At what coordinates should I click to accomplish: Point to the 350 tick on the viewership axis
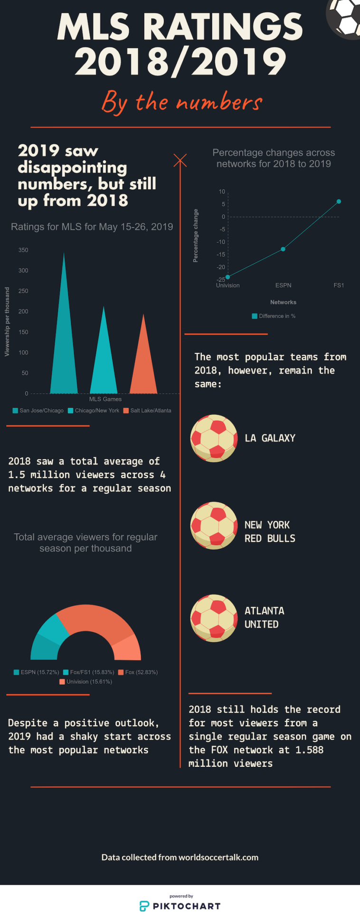point(23,250)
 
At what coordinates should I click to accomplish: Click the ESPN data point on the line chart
point(283,249)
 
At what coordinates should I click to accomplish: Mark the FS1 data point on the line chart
point(339,202)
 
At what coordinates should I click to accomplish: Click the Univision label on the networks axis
point(228,285)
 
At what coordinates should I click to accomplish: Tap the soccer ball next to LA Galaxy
point(214,438)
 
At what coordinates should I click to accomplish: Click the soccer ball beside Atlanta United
point(214,618)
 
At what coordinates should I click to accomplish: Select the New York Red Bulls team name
point(270,532)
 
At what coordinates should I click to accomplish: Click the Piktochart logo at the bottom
point(180,905)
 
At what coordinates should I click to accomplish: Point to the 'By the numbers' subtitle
point(181,102)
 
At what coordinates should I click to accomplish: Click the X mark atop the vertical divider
point(180,160)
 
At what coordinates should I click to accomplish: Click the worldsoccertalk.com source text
point(218,857)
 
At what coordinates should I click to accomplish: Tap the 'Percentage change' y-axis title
point(196,236)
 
